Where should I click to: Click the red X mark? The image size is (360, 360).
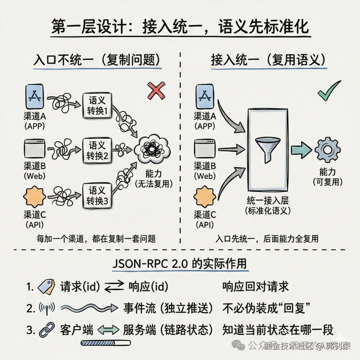click(156, 91)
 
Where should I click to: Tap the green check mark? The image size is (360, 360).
click(329, 91)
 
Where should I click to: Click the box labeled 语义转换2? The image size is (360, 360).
click(97, 150)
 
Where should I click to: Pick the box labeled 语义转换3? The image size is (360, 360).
click(97, 196)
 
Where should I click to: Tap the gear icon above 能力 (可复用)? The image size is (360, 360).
click(327, 150)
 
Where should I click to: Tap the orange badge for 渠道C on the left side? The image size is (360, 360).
click(34, 197)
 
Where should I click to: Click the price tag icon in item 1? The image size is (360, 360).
click(46, 286)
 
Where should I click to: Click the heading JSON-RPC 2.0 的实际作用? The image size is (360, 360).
click(180, 263)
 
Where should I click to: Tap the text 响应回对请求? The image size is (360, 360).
click(255, 286)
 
